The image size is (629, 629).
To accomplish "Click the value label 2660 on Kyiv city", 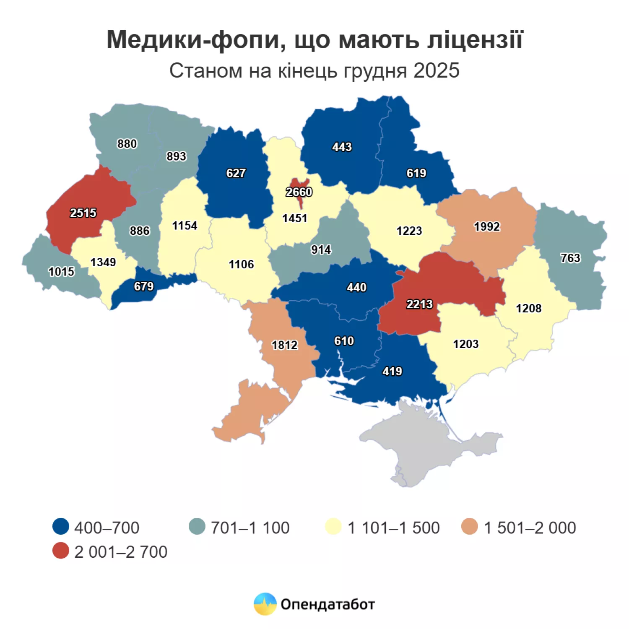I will (x=299, y=192).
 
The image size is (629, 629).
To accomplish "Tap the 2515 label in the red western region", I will (x=83, y=213).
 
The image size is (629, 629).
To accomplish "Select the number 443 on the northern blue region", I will (x=342, y=147).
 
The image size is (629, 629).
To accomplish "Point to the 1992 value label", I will (x=487, y=227).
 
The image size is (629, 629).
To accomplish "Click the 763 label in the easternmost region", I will (x=570, y=258).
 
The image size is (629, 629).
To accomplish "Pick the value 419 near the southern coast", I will (x=392, y=371).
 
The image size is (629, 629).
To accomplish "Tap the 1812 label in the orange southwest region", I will (x=285, y=345).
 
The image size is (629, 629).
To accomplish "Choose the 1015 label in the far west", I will (x=61, y=272).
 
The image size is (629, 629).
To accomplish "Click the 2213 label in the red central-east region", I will (x=419, y=304).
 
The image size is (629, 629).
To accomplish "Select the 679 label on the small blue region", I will (x=144, y=286).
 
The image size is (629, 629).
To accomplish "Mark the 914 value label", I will (x=321, y=250).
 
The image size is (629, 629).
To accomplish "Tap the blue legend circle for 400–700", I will (x=61, y=527).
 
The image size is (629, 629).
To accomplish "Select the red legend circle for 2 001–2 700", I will (x=61, y=551).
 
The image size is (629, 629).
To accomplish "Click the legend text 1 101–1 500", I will (x=393, y=528).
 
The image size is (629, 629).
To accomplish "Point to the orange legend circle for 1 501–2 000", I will (x=469, y=527).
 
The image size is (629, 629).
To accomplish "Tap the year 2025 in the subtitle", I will (x=436, y=70).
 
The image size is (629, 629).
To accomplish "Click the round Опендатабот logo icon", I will (x=265, y=604).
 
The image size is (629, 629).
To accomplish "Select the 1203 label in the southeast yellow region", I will (x=465, y=344).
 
